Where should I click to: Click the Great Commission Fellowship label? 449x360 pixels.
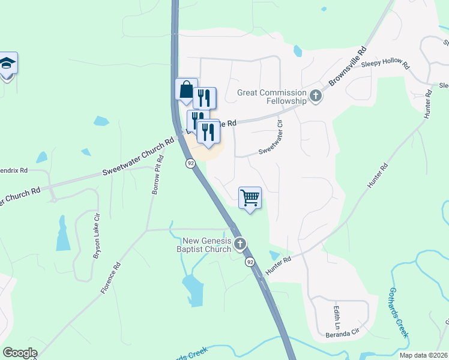(272, 97)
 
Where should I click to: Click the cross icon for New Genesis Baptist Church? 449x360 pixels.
(240, 244)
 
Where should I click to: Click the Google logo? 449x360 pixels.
(20, 353)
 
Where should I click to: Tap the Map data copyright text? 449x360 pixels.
(423, 355)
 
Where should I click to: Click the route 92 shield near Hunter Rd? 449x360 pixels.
(250, 262)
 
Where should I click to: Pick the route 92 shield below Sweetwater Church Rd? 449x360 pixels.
(190, 163)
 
